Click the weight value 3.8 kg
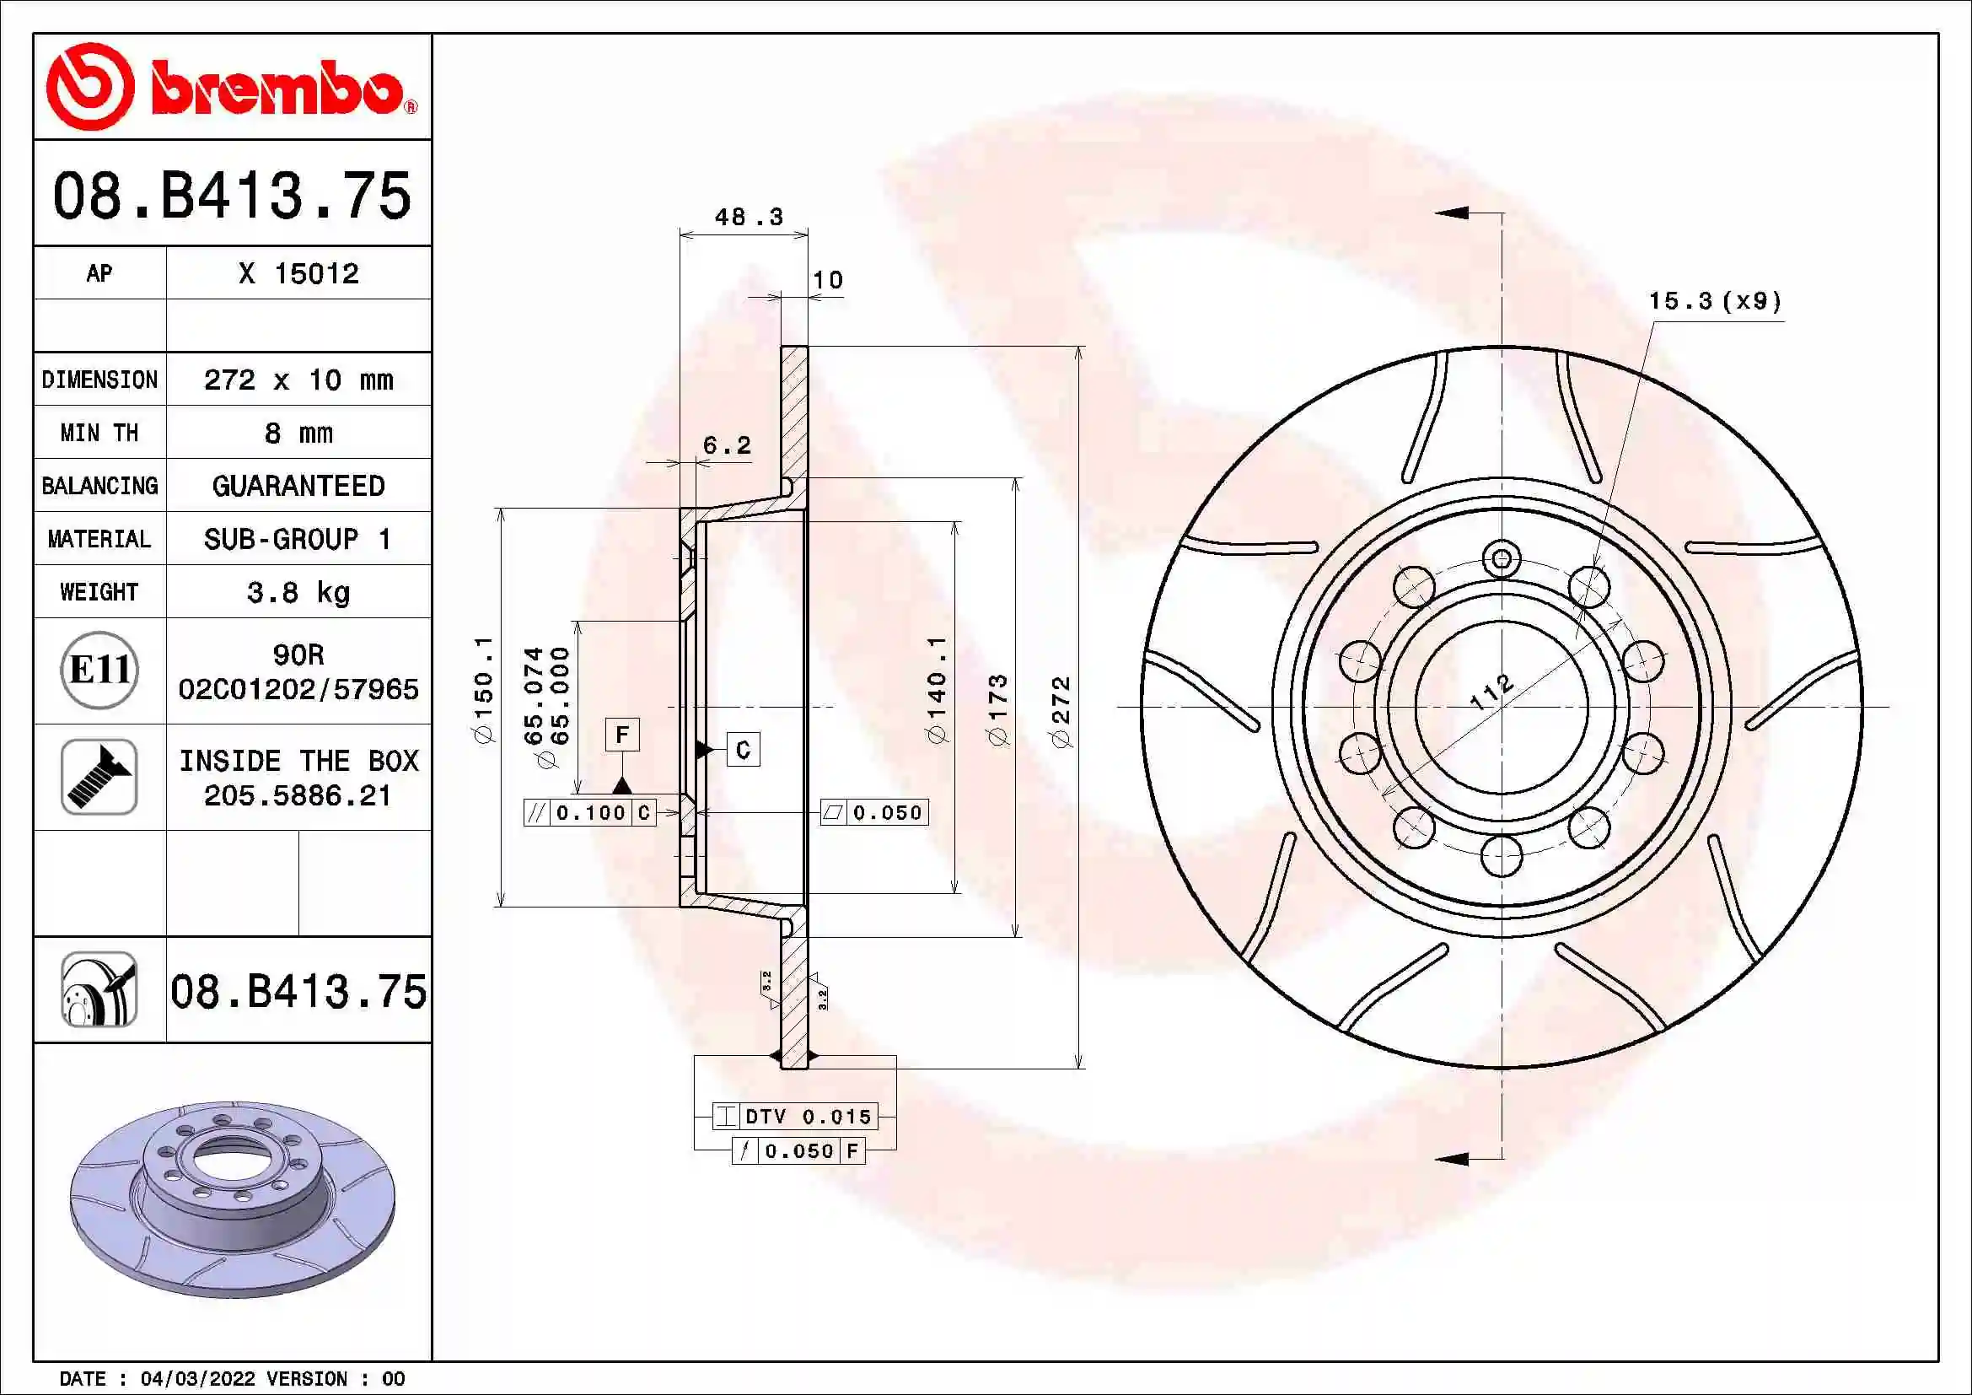pyautogui.click(x=298, y=592)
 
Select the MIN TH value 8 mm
pyautogui.click(x=298, y=433)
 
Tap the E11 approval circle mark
pyautogui.click(x=99, y=670)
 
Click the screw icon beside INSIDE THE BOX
pyautogui.click(x=99, y=777)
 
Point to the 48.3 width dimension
pyautogui.click(x=749, y=217)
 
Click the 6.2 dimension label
pyautogui.click(x=727, y=445)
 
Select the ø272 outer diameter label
pyautogui.click(x=1061, y=711)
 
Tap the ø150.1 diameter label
pyautogui.click(x=484, y=690)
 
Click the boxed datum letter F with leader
pyautogui.click(x=622, y=735)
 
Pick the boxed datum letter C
pyautogui.click(x=743, y=750)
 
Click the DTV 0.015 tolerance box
pyautogui.click(x=795, y=1116)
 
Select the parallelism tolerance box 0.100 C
pyautogui.click(x=590, y=812)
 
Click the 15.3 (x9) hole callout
pyautogui.click(x=1714, y=301)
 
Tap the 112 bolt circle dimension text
pyautogui.click(x=1491, y=691)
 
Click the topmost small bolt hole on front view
pyautogui.click(x=1502, y=560)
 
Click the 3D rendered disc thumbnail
pyautogui.click(x=232, y=1199)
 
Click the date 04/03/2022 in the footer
pyautogui.click(x=197, y=1379)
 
